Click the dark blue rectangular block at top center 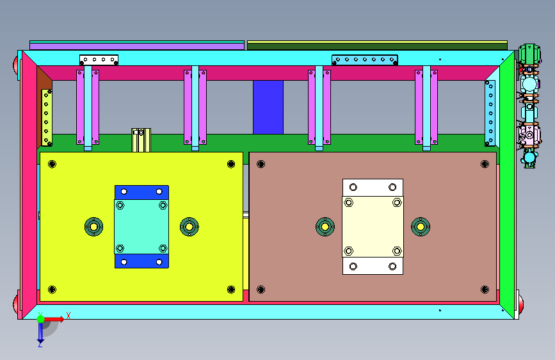pos(268,107)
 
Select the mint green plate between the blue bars pos(141,227)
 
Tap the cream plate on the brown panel pos(373,227)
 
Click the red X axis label pos(68,316)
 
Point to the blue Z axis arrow pos(40,333)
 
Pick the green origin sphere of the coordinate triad pos(41,319)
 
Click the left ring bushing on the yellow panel pos(94,227)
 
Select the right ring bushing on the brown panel pos(421,227)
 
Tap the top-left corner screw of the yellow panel pos(52,164)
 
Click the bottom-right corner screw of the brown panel pos(485,290)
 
